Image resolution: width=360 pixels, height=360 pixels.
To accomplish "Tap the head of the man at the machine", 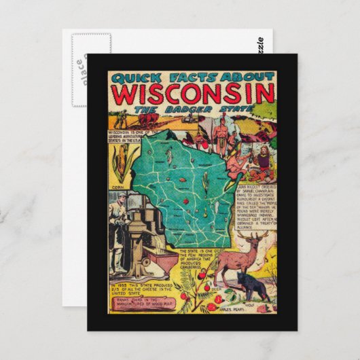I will click(x=120, y=197).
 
